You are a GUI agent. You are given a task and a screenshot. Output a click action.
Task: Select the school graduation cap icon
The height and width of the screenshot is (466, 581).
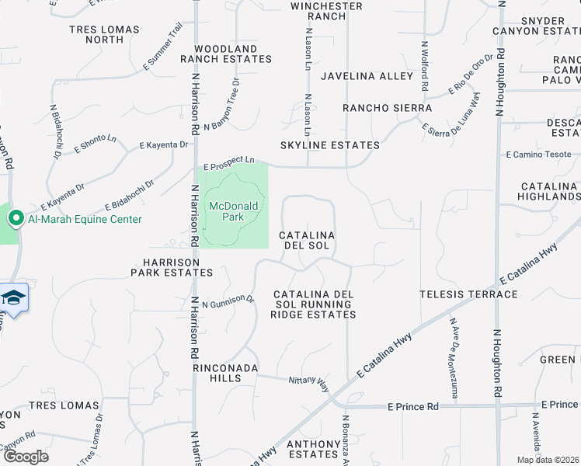13,298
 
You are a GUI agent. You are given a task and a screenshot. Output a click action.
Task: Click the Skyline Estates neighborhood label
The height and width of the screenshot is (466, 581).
330,145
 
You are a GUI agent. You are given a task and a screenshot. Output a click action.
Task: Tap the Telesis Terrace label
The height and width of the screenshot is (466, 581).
468,294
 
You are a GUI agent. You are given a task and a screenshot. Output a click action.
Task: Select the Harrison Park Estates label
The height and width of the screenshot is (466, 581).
172,268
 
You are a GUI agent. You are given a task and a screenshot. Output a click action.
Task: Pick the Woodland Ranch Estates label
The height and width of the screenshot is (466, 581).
226,54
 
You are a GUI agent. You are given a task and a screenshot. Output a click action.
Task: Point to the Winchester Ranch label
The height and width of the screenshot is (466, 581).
327,11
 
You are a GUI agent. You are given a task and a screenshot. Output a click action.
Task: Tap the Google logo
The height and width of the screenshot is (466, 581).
26,457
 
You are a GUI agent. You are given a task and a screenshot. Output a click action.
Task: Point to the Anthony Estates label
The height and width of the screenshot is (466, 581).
314,449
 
